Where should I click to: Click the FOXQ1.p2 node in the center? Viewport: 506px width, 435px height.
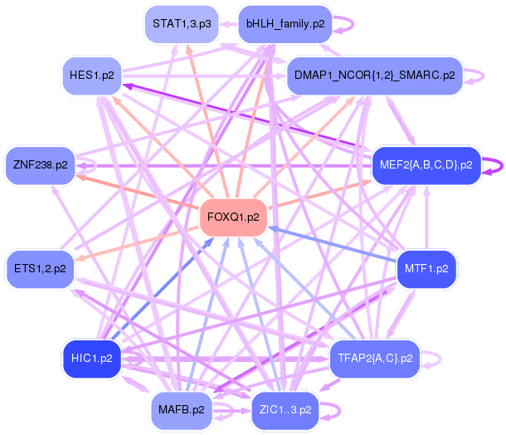(x=233, y=217)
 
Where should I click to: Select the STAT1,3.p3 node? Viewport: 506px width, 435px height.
(x=182, y=24)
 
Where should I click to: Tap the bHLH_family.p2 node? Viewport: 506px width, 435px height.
(x=285, y=24)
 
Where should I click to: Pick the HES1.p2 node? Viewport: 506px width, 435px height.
(x=92, y=76)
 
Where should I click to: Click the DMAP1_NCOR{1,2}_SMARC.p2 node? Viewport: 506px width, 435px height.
(x=375, y=76)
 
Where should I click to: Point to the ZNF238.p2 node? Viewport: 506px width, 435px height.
(x=41, y=165)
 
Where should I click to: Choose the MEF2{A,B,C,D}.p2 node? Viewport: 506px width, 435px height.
(x=426, y=165)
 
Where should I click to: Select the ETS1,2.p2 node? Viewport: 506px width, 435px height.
(x=40, y=269)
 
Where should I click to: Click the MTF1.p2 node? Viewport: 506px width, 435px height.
(x=426, y=269)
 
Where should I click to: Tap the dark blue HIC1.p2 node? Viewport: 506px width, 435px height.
(x=92, y=359)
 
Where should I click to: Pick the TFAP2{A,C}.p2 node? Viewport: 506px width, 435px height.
(x=375, y=359)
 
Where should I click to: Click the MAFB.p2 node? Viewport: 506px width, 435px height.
(x=182, y=410)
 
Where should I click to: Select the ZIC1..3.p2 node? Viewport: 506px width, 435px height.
(x=285, y=410)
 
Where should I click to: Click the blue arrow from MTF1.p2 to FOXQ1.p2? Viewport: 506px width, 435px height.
(x=333, y=244)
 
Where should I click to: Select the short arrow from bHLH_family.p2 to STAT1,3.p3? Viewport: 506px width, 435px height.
(x=228, y=24)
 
